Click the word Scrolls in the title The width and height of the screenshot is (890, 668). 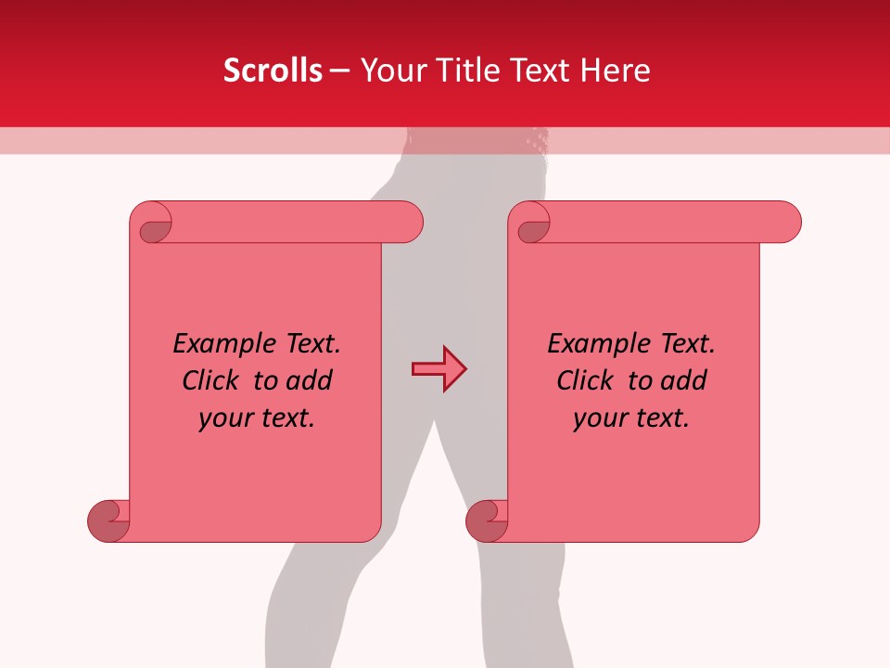pyautogui.click(x=273, y=71)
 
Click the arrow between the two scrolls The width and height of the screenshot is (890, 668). pyautogui.click(x=439, y=369)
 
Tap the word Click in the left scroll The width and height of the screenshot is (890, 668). pyautogui.click(x=213, y=381)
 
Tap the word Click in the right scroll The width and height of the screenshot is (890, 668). pyautogui.click(x=588, y=381)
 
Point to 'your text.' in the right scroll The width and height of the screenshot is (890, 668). pyautogui.click(x=631, y=418)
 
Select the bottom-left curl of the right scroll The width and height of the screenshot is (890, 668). pyautogui.click(x=487, y=520)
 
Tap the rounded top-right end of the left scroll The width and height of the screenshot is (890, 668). pyautogui.click(x=408, y=223)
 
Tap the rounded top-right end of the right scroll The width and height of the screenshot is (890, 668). pyautogui.click(x=786, y=223)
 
